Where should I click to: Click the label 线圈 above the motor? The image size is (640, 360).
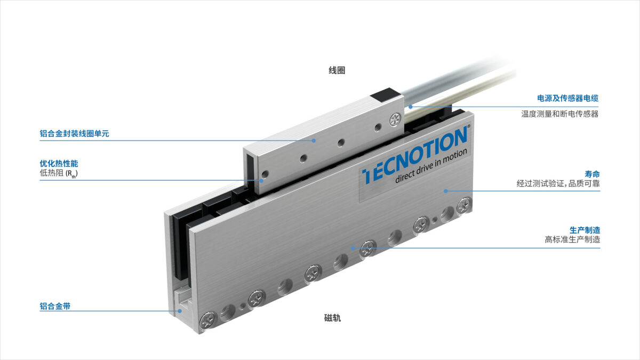tap(337, 70)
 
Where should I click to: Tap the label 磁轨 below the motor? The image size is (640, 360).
tap(333, 318)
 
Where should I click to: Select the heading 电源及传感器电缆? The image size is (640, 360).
tap(567, 98)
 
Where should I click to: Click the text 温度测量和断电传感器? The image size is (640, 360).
tap(559, 114)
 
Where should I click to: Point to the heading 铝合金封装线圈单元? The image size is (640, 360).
tap(74, 133)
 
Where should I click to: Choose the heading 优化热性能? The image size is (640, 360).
tap(59, 163)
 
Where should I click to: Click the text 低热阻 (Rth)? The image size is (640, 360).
tap(59, 173)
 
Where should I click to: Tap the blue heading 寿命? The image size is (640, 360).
tap(592, 174)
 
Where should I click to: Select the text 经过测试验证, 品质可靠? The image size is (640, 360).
tap(558, 183)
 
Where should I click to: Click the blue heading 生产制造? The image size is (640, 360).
tap(585, 230)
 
